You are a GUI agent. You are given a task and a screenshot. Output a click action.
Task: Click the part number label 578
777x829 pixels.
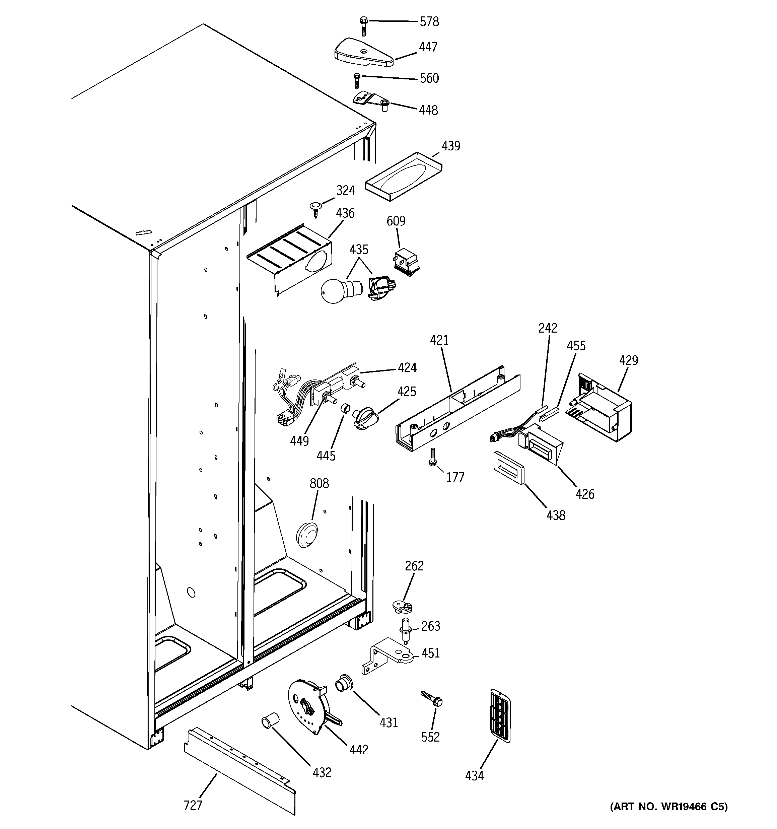click(429, 22)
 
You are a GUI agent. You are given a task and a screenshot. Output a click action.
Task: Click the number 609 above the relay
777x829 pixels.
click(396, 221)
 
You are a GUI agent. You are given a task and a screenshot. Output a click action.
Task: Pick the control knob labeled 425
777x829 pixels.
click(364, 417)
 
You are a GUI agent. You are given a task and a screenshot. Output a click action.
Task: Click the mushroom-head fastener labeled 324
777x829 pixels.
click(316, 208)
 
